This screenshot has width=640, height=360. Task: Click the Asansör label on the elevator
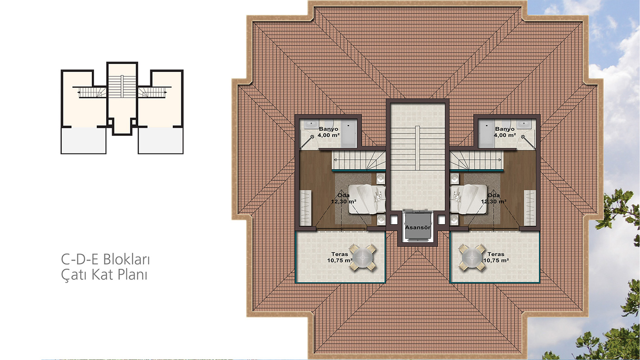click(417, 227)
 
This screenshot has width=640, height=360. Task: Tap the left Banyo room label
click(329, 132)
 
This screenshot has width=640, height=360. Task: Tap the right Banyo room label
click(505, 132)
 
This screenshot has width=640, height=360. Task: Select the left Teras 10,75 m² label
click(340, 257)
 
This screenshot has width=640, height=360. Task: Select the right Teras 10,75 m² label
click(496, 257)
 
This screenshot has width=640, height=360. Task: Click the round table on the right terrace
click(472, 257)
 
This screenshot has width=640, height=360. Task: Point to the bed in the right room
click(468, 199)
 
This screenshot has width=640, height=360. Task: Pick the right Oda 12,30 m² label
click(494, 198)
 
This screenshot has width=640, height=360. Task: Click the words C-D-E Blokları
click(105, 260)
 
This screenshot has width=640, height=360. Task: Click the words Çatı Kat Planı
click(104, 275)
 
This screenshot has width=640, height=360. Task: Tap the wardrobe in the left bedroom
click(305, 208)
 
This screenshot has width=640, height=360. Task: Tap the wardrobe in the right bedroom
click(530, 208)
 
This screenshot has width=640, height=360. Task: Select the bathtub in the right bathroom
click(486, 134)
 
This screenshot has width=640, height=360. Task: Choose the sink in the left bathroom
click(310, 124)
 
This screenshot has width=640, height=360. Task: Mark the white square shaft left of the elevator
click(394, 220)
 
